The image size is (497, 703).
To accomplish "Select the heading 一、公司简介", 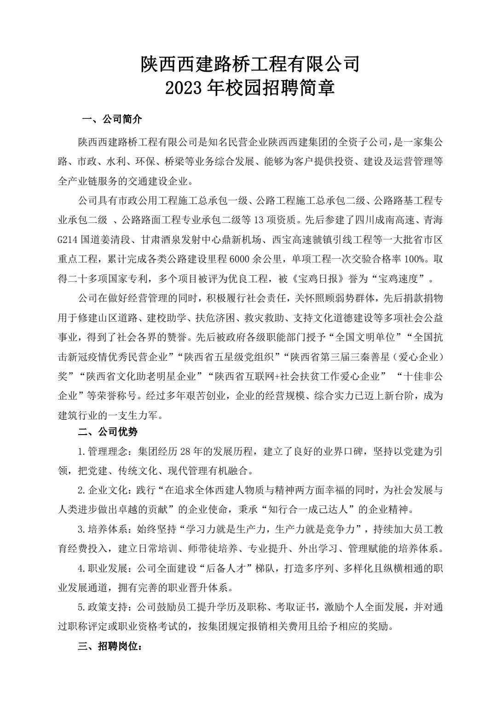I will coord(112,120).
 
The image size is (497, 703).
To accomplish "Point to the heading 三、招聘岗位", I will coord(110,647).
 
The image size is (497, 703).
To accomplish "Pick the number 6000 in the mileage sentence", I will coord(242,259).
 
